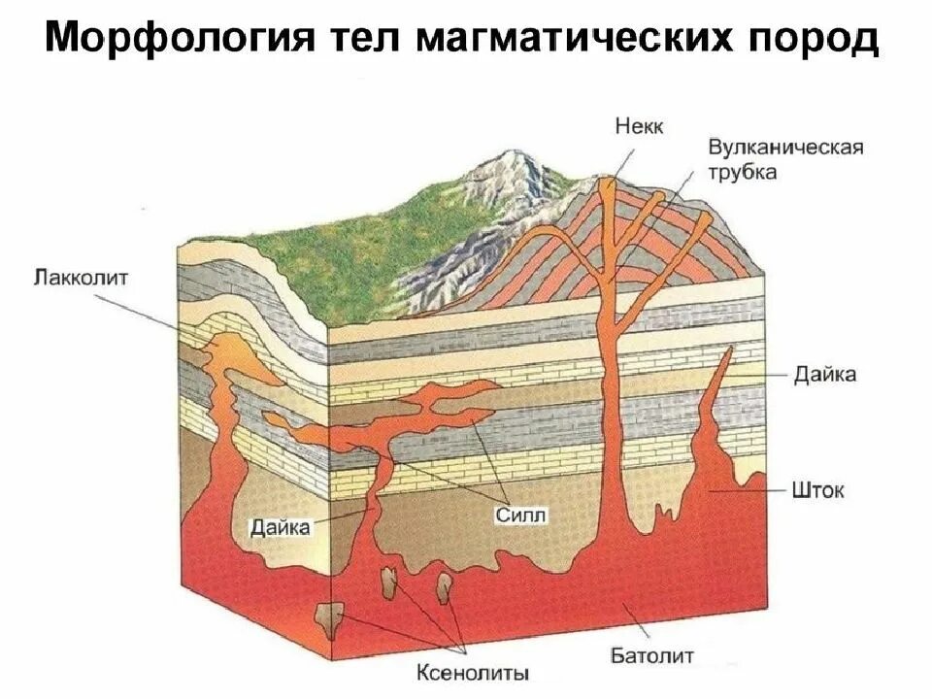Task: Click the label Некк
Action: click(639, 127)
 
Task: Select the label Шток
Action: click(817, 490)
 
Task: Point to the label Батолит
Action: click(652, 656)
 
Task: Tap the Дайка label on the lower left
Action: click(280, 527)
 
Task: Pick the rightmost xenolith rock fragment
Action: click(445, 587)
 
